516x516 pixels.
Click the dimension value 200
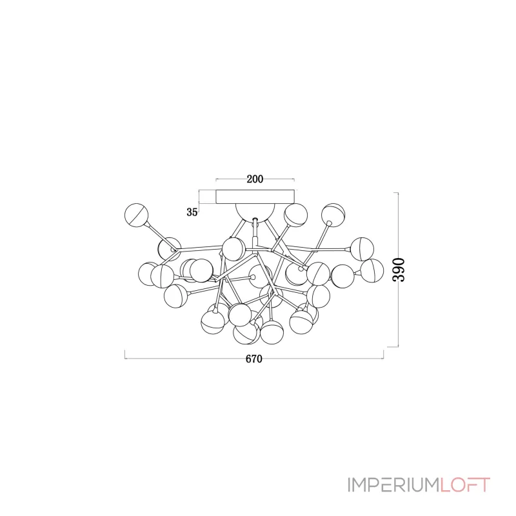255,179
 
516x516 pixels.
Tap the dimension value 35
192,212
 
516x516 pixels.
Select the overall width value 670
254,359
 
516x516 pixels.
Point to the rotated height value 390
399,270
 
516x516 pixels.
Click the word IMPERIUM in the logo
393,485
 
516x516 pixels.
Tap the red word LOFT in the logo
465,485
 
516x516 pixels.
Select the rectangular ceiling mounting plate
255,197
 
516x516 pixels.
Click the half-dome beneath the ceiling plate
255,211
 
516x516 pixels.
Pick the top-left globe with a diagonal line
137,215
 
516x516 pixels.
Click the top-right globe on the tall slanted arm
333,215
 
